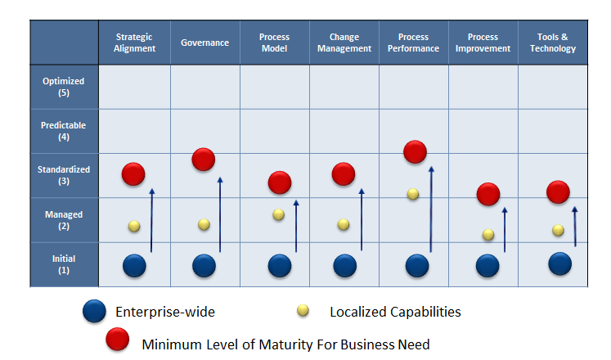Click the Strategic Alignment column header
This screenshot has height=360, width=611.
(134, 43)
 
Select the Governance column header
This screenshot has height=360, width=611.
(204, 43)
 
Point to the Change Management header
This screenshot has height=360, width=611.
(344, 43)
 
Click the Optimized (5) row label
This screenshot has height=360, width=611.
(64, 87)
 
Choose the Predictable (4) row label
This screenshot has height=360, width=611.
(64, 131)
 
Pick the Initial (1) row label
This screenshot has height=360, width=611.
(64, 264)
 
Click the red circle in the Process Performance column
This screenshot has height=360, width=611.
(415, 151)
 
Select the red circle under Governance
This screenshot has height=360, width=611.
(204, 160)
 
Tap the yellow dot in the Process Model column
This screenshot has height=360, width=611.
(279, 214)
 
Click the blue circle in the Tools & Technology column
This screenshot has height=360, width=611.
(559, 263)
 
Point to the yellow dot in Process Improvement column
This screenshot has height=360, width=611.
(488, 235)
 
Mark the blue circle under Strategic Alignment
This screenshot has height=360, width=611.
(134, 266)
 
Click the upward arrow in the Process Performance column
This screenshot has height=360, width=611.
(430, 209)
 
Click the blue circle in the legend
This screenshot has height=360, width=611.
(94, 312)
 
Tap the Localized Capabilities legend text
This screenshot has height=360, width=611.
(395, 312)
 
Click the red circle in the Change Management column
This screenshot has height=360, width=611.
(344, 173)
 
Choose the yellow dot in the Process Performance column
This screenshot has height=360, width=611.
(413, 194)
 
